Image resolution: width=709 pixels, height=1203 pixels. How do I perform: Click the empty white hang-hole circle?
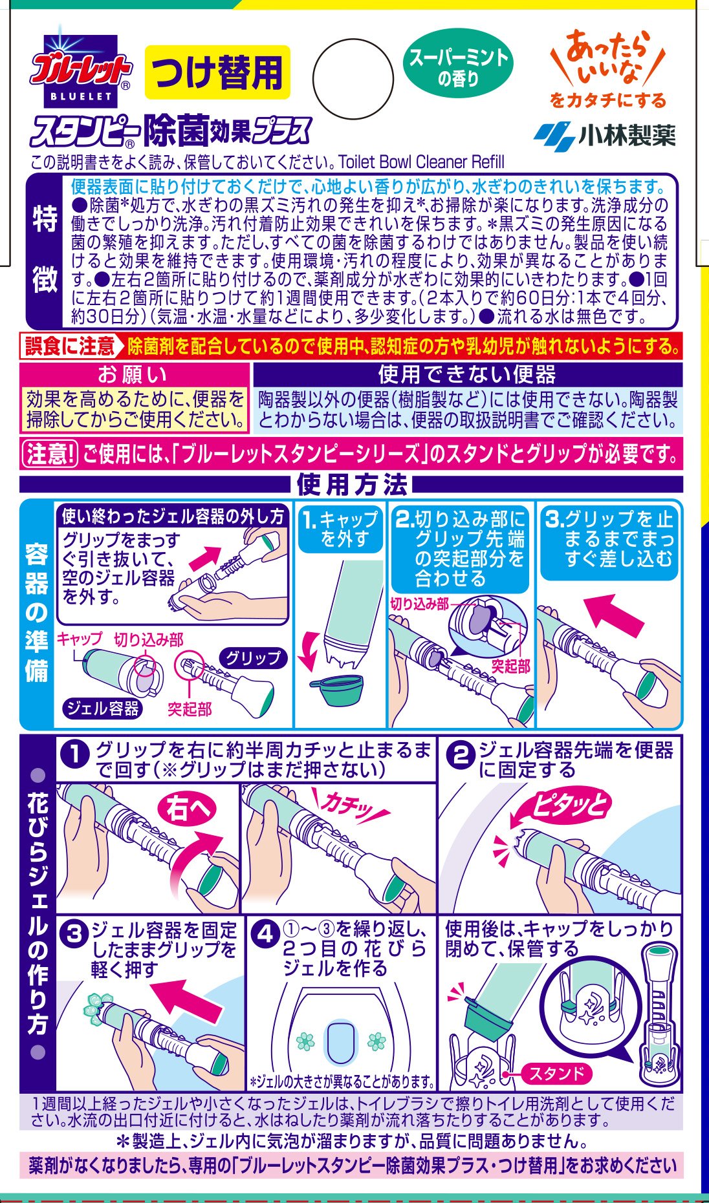tap(353, 78)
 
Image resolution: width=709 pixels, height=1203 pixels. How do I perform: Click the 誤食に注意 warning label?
tap(69, 346)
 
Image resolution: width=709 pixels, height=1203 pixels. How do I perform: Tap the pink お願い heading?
tap(134, 374)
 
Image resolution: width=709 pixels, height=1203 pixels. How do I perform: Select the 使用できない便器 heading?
tap(467, 374)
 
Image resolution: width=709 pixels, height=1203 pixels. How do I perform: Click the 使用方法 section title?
tap(352, 484)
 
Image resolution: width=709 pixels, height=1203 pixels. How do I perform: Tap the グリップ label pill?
tap(253, 658)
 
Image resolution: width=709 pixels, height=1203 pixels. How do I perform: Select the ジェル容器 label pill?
tap(103, 708)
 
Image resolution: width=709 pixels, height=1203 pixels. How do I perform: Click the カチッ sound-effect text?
tap(350, 805)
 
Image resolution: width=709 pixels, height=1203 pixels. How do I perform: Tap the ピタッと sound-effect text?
tap(570, 805)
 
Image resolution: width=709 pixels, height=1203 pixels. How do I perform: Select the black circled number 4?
tap(265, 934)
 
